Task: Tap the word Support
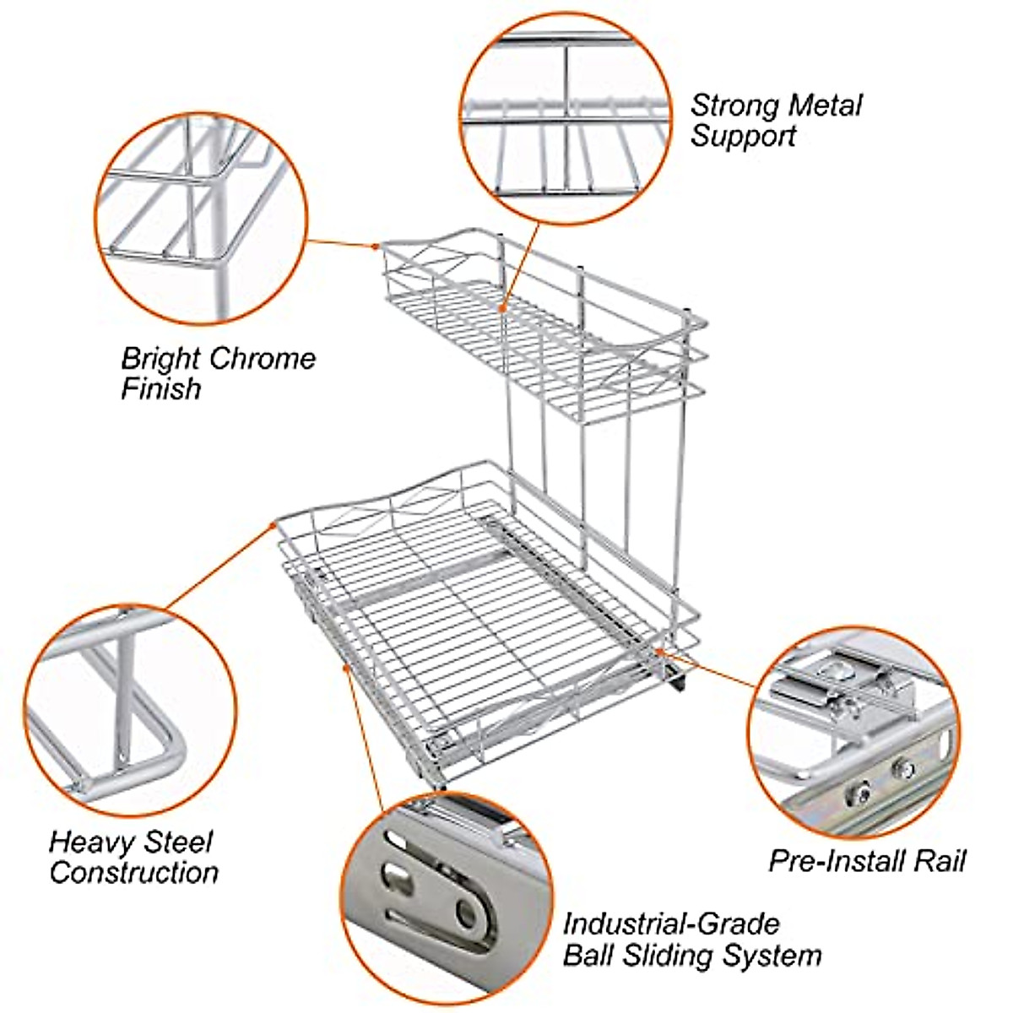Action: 743,137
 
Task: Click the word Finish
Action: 160,389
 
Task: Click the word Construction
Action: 134,873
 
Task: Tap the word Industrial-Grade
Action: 671,924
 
